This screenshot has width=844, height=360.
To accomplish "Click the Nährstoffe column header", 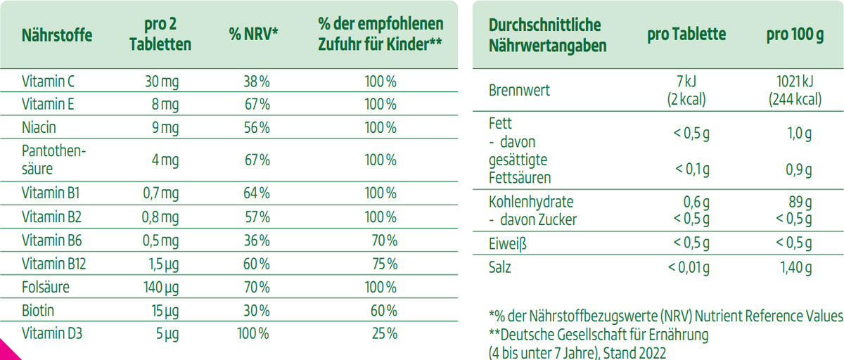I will (57, 34).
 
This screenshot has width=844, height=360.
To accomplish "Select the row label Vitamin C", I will (49, 82).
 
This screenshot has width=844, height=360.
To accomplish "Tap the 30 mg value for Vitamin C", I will (161, 82).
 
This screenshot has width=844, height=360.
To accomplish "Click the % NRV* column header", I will (254, 34).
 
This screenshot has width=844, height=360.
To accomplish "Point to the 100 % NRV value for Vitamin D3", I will (253, 333).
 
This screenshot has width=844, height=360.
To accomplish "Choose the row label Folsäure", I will (46, 288).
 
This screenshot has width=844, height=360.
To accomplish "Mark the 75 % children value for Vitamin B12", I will (384, 264).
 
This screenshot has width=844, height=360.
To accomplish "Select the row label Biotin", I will (38, 311).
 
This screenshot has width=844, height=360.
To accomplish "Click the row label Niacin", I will (39, 128).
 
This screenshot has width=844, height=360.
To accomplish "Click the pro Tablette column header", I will (686, 34).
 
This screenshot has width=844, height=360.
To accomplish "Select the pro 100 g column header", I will (795, 34).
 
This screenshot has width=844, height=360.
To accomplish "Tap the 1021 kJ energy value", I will (795, 83).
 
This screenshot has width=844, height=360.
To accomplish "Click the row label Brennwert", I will (519, 91).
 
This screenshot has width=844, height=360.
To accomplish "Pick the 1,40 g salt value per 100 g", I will (795, 267).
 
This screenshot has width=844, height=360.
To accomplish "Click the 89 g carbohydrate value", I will (800, 202).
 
